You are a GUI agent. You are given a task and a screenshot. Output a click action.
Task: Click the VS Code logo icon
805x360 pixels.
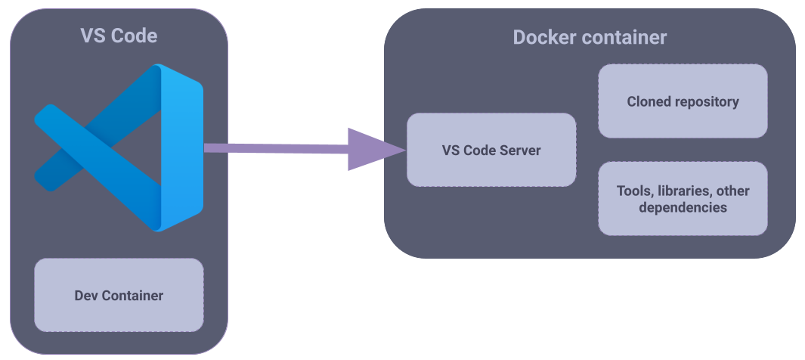119,147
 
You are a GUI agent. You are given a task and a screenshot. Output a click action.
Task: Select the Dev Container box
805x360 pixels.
119,295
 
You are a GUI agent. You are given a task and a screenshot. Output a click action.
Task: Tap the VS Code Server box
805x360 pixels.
491,150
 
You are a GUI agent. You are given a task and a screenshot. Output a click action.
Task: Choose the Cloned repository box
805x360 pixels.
683,101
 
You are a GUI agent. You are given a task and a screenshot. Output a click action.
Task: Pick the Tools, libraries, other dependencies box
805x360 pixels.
683,199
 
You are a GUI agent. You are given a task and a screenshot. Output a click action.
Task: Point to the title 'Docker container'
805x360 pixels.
590,38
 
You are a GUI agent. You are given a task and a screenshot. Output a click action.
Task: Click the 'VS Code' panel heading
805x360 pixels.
119,36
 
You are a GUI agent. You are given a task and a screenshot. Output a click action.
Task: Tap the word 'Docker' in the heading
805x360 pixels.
545,38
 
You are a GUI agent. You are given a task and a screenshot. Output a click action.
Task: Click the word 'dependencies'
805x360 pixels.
683,208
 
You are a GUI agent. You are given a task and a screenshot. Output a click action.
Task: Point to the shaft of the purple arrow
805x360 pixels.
276,148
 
